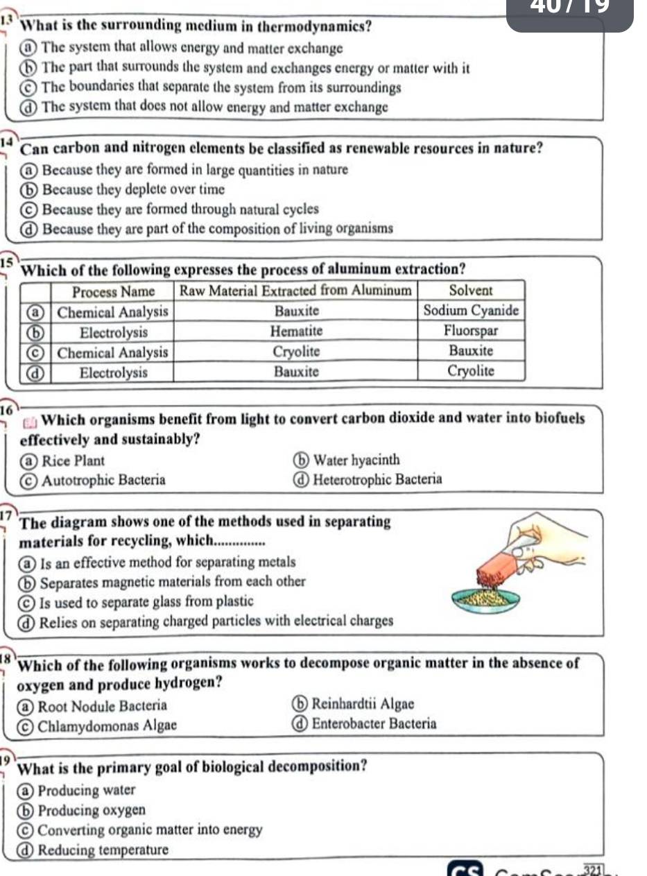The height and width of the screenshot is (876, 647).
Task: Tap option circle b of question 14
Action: [31, 189]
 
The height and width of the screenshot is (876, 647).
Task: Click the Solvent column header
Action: [471, 289]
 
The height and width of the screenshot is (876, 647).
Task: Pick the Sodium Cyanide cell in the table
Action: [471, 311]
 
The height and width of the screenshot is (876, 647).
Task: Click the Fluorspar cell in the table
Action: [471, 332]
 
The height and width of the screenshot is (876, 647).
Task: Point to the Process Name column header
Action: [114, 290]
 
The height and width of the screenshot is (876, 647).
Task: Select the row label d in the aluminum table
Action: [31, 372]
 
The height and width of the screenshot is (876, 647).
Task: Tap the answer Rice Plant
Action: [73, 461]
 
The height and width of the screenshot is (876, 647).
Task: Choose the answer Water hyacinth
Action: [356, 460]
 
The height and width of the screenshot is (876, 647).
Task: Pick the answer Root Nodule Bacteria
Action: [102, 706]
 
